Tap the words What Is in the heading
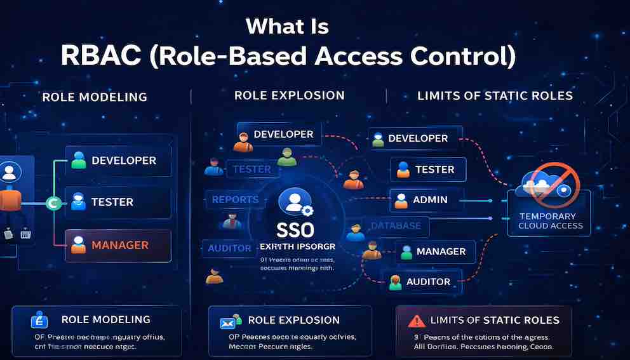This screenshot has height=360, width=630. pyautogui.click(x=287, y=26)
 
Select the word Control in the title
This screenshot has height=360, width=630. pyautogui.click(x=464, y=55)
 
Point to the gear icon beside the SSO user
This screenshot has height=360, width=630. pyautogui.click(x=307, y=211)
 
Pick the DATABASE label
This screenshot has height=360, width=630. pyautogui.click(x=396, y=225)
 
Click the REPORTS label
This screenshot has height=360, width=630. pyautogui.click(x=235, y=199)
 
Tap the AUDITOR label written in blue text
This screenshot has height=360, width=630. pyautogui.click(x=229, y=248)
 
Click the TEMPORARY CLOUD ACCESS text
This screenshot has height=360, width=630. pyautogui.click(x=551, y=221)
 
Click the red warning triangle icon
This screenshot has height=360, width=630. pyautogui.click(x=416, y=321)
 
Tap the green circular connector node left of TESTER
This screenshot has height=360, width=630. pyautogui.click(x=53, y=203)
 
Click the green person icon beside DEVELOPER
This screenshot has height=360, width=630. pyautogui.click(x=79, y=160)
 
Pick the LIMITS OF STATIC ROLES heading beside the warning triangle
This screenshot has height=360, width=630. pyautogui.click(x=495, y=320)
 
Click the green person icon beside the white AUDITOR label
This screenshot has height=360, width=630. pyautogui.click(x=394, y=282)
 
